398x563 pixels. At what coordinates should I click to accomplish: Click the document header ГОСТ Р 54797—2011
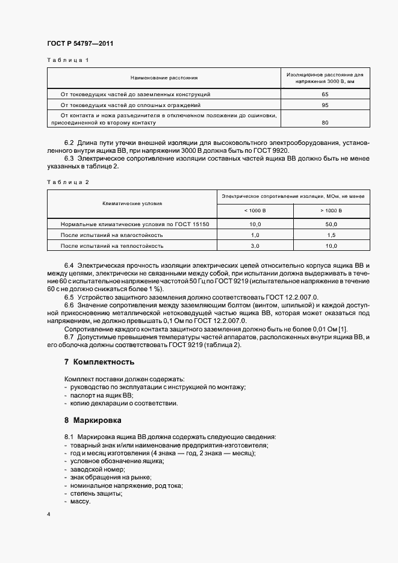pyautogui.click(x=80, y=44)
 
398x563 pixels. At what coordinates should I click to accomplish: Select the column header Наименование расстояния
pyautogui.click(x=164, y=78)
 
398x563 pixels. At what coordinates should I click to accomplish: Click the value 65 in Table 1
pyautogui.click(x=325, y=94)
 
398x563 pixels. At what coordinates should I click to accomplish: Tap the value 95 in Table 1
pyautogui.click(x=325, y=105)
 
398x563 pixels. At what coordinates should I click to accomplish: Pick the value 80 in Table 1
pyautogui.click(x=325, y=122)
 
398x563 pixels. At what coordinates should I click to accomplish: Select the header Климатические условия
pyautogui.click(x=132, y=204)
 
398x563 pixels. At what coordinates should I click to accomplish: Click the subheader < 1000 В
pyautogui.click(x=255, y=211)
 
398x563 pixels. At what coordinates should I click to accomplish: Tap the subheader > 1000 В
pyautogui.click(x=332, y=211)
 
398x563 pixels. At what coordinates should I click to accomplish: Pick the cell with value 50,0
pyautogui.click(x=332, y=224)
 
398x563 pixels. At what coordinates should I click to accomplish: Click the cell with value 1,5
pyautogui.click(x=332, y=235)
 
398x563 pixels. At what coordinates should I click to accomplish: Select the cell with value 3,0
pyautogui.click(x=255, y=245)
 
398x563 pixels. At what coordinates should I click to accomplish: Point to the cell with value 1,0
pyautogui.click(x=255, y=235)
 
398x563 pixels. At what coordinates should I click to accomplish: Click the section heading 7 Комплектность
pyautogui.click(x=99, y=362)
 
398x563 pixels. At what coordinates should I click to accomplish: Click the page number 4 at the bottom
pyautogui.click(x=49, y=514)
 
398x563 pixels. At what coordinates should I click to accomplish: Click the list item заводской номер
pyautogui.click(x=97, y=469)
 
